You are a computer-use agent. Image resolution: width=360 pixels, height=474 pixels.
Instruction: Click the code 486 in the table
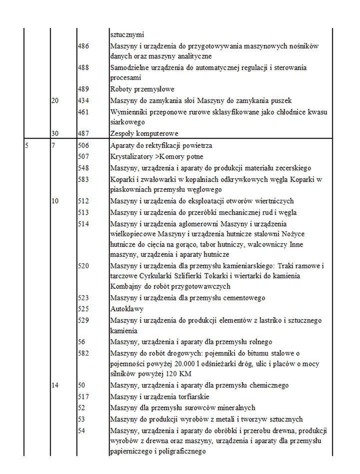click(x=84, y=46)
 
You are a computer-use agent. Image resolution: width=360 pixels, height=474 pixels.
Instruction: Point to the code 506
click(x=84, y=145)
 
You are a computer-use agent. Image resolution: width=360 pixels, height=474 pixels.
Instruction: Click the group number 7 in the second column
click(x=54, y=145)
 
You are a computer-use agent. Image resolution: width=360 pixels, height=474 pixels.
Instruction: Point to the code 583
click(x=84, y=179)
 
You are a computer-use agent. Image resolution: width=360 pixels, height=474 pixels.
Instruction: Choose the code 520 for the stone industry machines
click(x=84, y=265)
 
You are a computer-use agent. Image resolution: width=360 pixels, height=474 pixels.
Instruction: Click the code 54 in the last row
click(x=83, y=431)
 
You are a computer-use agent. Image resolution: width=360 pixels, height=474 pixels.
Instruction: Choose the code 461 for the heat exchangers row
click(x=84, y=112)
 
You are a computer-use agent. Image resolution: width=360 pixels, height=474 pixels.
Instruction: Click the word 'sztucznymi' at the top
click(x=127, y=35)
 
